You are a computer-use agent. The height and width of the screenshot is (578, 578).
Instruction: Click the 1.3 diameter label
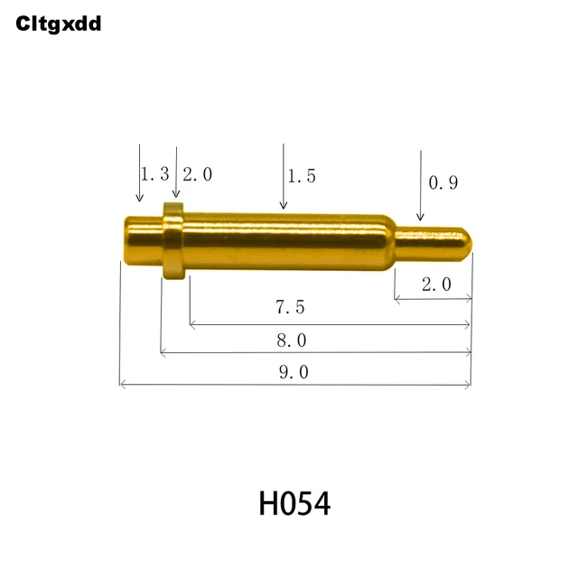tap(154, 174)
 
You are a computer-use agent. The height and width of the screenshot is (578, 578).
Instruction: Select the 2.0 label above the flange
tap(197, 174)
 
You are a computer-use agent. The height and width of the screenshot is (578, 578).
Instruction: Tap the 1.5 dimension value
tap(301, 176)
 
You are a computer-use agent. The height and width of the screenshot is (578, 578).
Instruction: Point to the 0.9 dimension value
tap(443, 182)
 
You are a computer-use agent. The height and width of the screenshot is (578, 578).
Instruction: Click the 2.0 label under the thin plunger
tap(435, 284)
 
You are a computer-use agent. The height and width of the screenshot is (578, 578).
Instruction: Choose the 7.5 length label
tap(290, 307)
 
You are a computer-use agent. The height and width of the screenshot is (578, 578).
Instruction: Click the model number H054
tap(294, 504)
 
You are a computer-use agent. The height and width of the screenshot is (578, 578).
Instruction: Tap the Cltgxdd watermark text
tap(59, 24)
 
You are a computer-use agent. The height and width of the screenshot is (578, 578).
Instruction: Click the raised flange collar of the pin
tap(173, 240)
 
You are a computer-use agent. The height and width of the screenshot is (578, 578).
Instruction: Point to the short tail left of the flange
tap(141, 241)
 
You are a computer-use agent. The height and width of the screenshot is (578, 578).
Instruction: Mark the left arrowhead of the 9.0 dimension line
tap(123, 386)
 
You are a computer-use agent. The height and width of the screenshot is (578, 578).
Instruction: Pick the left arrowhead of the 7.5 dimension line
tap(193, 322)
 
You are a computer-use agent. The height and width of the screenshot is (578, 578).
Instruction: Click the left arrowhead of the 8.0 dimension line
tap(163, 353)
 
